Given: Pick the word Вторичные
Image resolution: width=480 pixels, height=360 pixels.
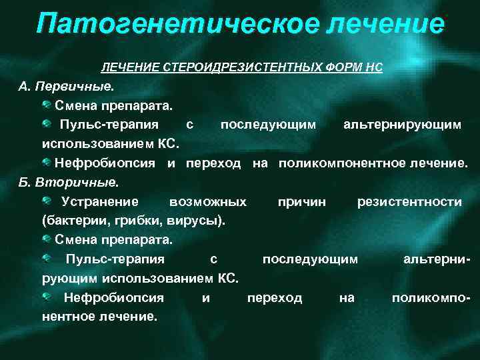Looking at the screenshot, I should coord(79,181).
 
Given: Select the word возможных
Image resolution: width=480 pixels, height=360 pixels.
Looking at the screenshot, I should coord(208,201).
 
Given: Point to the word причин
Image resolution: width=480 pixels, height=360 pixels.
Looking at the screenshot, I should coord(302,201).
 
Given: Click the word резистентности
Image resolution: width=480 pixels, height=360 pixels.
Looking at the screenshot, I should coord(409,201).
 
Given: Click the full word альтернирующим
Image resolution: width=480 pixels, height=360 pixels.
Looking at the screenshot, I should coord(401,125).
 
